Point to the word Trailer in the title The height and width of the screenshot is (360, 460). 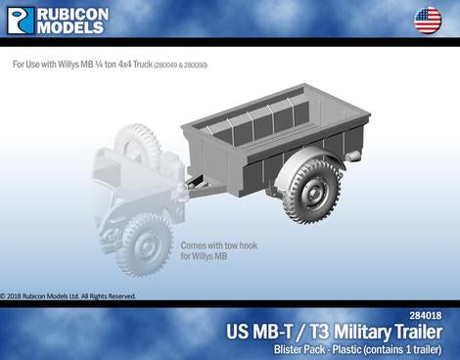click(417, 331)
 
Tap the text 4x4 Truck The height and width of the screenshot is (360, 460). click(133, 65)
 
